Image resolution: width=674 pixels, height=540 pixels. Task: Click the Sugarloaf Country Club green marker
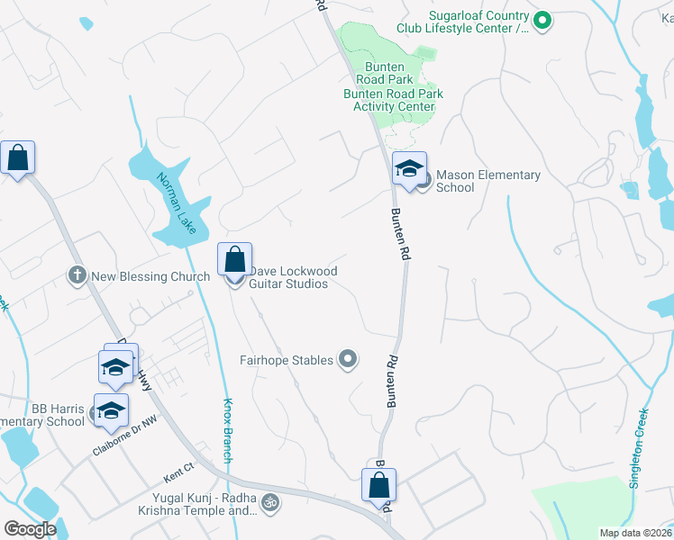(x=542, y=19)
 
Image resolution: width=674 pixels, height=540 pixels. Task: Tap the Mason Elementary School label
(x=487, y=181)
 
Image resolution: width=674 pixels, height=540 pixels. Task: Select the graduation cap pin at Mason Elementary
(x=408, y=168)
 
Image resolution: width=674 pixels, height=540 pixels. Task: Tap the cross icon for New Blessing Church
(x=77, y=274)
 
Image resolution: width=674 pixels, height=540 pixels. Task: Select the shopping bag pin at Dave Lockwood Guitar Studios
(x=234, y=261)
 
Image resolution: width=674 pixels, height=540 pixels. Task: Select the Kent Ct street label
(x=178, y=468)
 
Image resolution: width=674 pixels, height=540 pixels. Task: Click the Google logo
(x=30, y=528)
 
